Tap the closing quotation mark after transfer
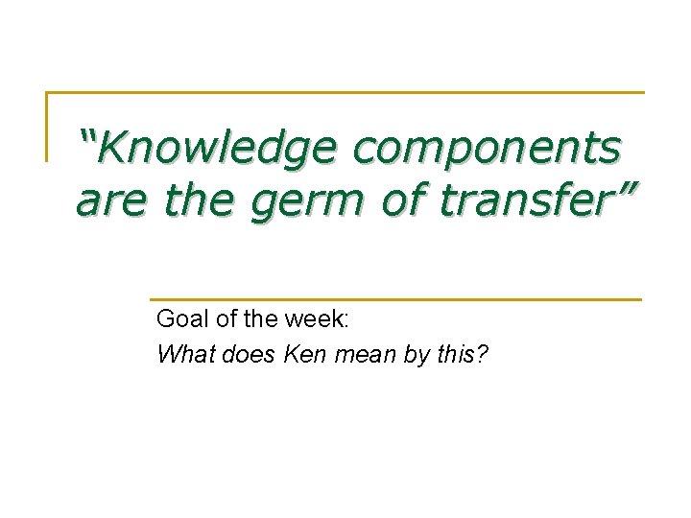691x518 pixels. [624, 191]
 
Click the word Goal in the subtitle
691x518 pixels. [180, 319]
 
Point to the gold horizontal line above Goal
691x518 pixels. [394, 299]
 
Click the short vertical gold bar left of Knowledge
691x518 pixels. [47, 126]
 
